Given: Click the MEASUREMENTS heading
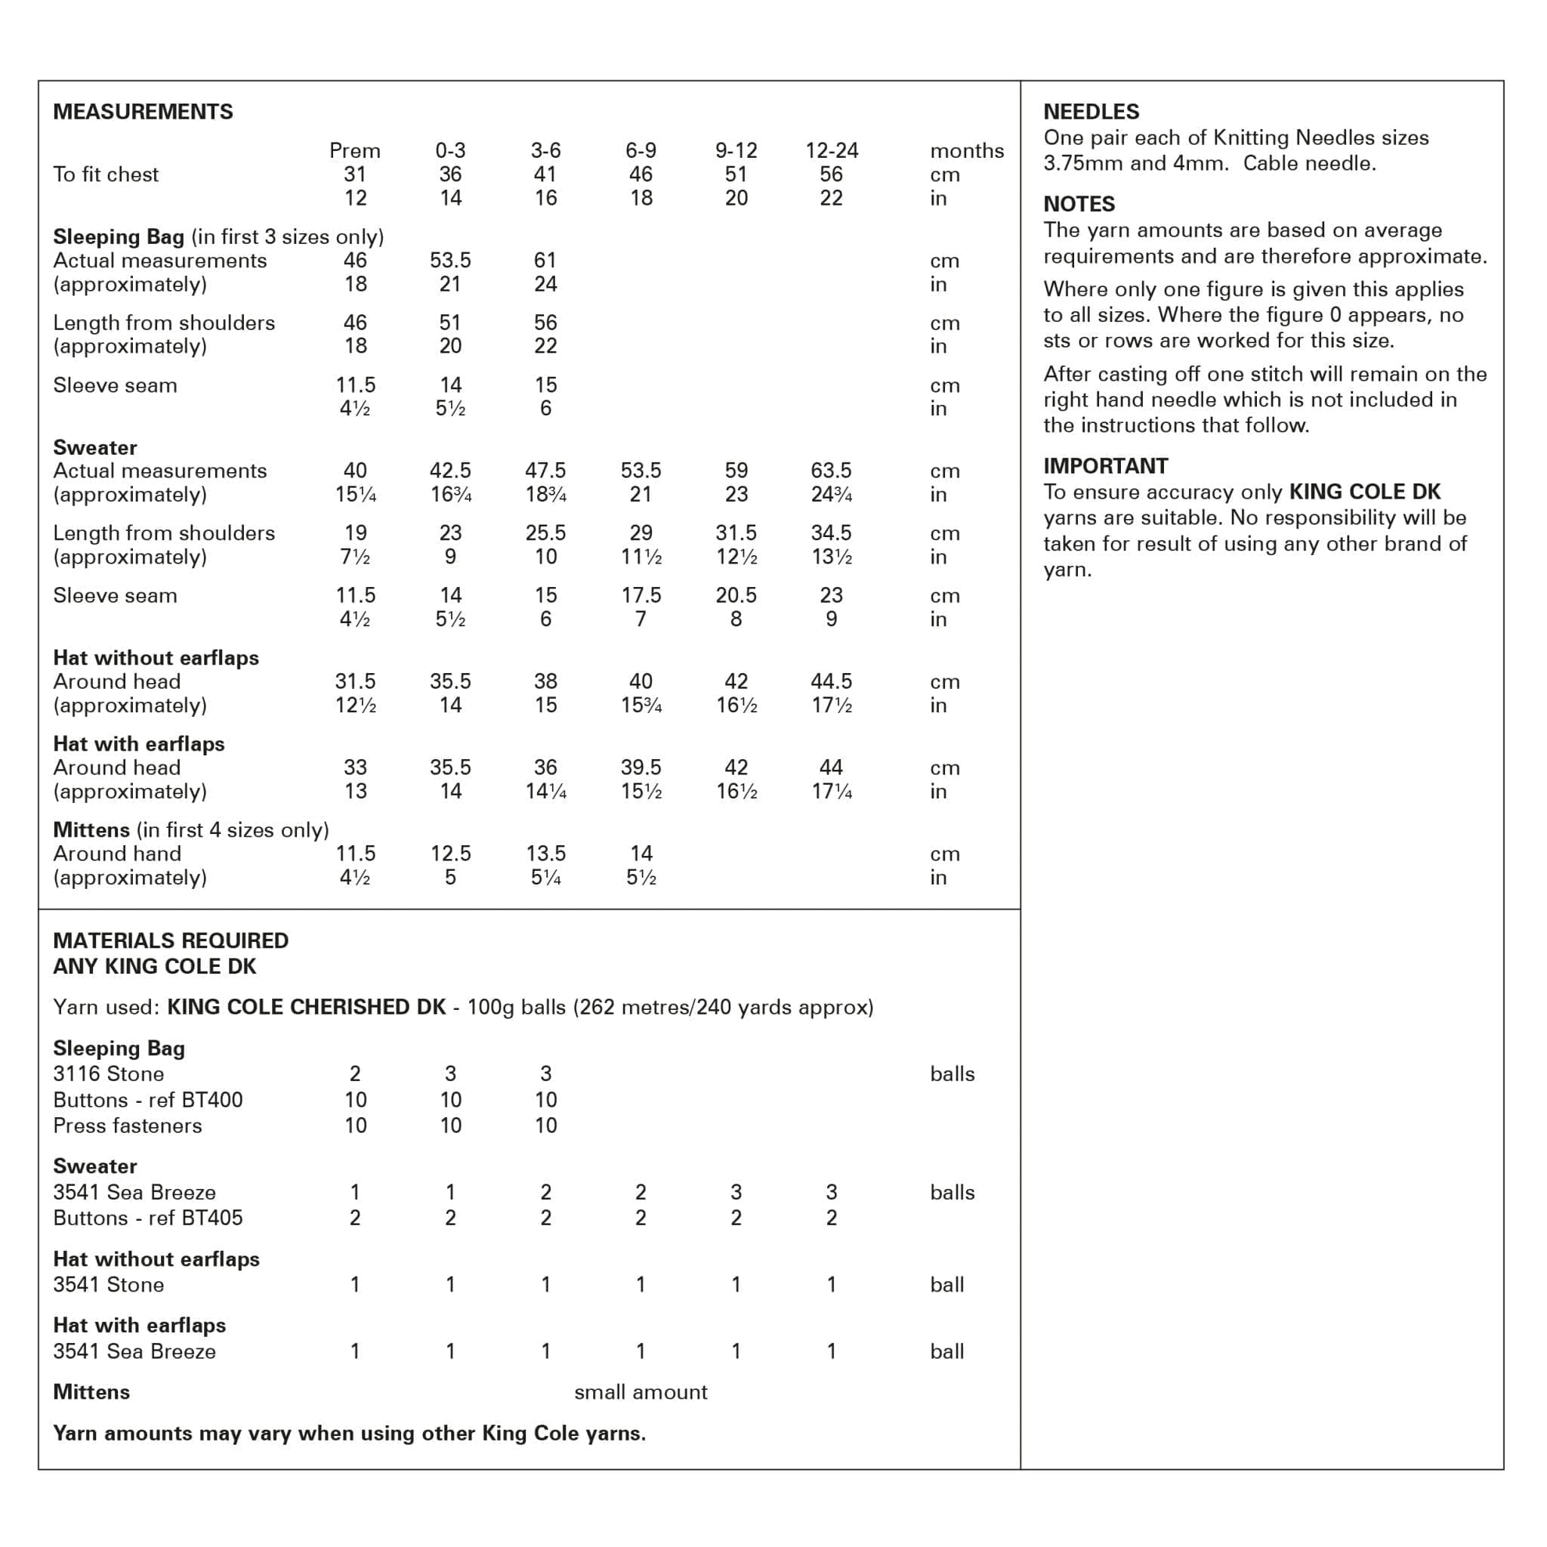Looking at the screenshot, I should (x=143, y=111).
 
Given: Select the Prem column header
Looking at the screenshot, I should (x=355, y=150).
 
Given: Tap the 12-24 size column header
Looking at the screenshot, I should (x=831, y=150).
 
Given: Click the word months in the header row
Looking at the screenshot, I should (x=966, y=150).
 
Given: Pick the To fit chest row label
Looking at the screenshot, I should (x=106, y=174).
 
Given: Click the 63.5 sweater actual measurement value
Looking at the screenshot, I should (x=831, y=471).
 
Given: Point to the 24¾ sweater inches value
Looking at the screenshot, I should (x=831, y=495).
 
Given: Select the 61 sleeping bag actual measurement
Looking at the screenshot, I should (x=545, y=261).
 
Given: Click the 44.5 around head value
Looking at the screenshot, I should (x=831, y=681).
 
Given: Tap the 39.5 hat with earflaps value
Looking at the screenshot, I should (x=641, y=767).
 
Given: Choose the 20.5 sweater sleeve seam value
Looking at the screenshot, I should (x=736, y=595).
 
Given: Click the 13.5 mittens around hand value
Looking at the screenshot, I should (x=545, y=854).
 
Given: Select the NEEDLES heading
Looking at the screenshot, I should (x=1091, y=111).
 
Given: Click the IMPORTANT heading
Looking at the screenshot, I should (x=1105, y=466).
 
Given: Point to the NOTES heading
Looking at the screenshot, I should (x=1079, y=204).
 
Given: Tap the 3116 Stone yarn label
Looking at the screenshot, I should (x=108, y=1074).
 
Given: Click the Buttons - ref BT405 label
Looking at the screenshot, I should (x=147, y=1218).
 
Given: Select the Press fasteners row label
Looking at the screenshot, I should (x=128, y=1125).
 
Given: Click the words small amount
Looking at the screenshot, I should (x=641, y=1391).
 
